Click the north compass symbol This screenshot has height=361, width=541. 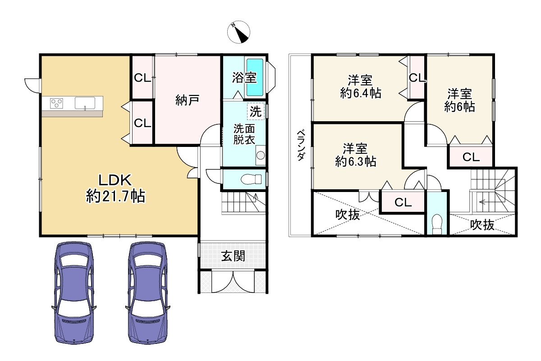pos(238,32)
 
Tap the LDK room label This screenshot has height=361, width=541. pos(115,180)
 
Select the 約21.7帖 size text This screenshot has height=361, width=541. pos(116,196)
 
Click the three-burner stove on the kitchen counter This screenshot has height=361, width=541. pos(56,103)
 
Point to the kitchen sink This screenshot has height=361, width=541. pos(85,103)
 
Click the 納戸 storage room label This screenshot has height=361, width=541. pos(187,100)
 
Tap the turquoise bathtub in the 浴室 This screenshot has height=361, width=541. pos(255,77)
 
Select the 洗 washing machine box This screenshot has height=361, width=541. pos(256,111)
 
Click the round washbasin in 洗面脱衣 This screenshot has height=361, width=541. pos(261,155)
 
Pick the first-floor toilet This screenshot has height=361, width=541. pos(251,179)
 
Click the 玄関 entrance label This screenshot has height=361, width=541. pos(233,256)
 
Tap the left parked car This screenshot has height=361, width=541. pos(74,292)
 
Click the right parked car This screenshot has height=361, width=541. pos(147,292)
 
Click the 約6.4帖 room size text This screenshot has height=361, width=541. pos(361,93)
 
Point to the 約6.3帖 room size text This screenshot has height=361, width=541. pos(356,161)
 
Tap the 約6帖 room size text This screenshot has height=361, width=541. pos(459,106)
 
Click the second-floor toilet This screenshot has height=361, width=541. pos(437,224)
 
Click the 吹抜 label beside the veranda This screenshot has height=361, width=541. pos(348,215)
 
